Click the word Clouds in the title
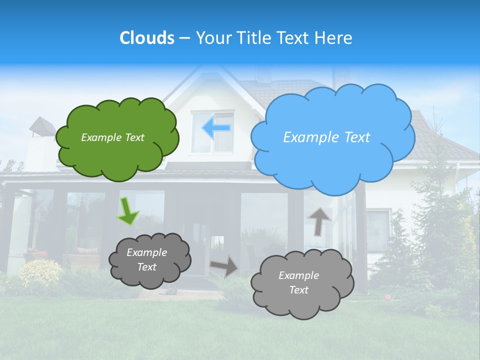146,38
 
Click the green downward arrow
127,211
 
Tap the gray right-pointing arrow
224,266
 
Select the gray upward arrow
319,220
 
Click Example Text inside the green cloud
112,137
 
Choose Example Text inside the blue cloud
326,137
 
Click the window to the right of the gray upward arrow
377,229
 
